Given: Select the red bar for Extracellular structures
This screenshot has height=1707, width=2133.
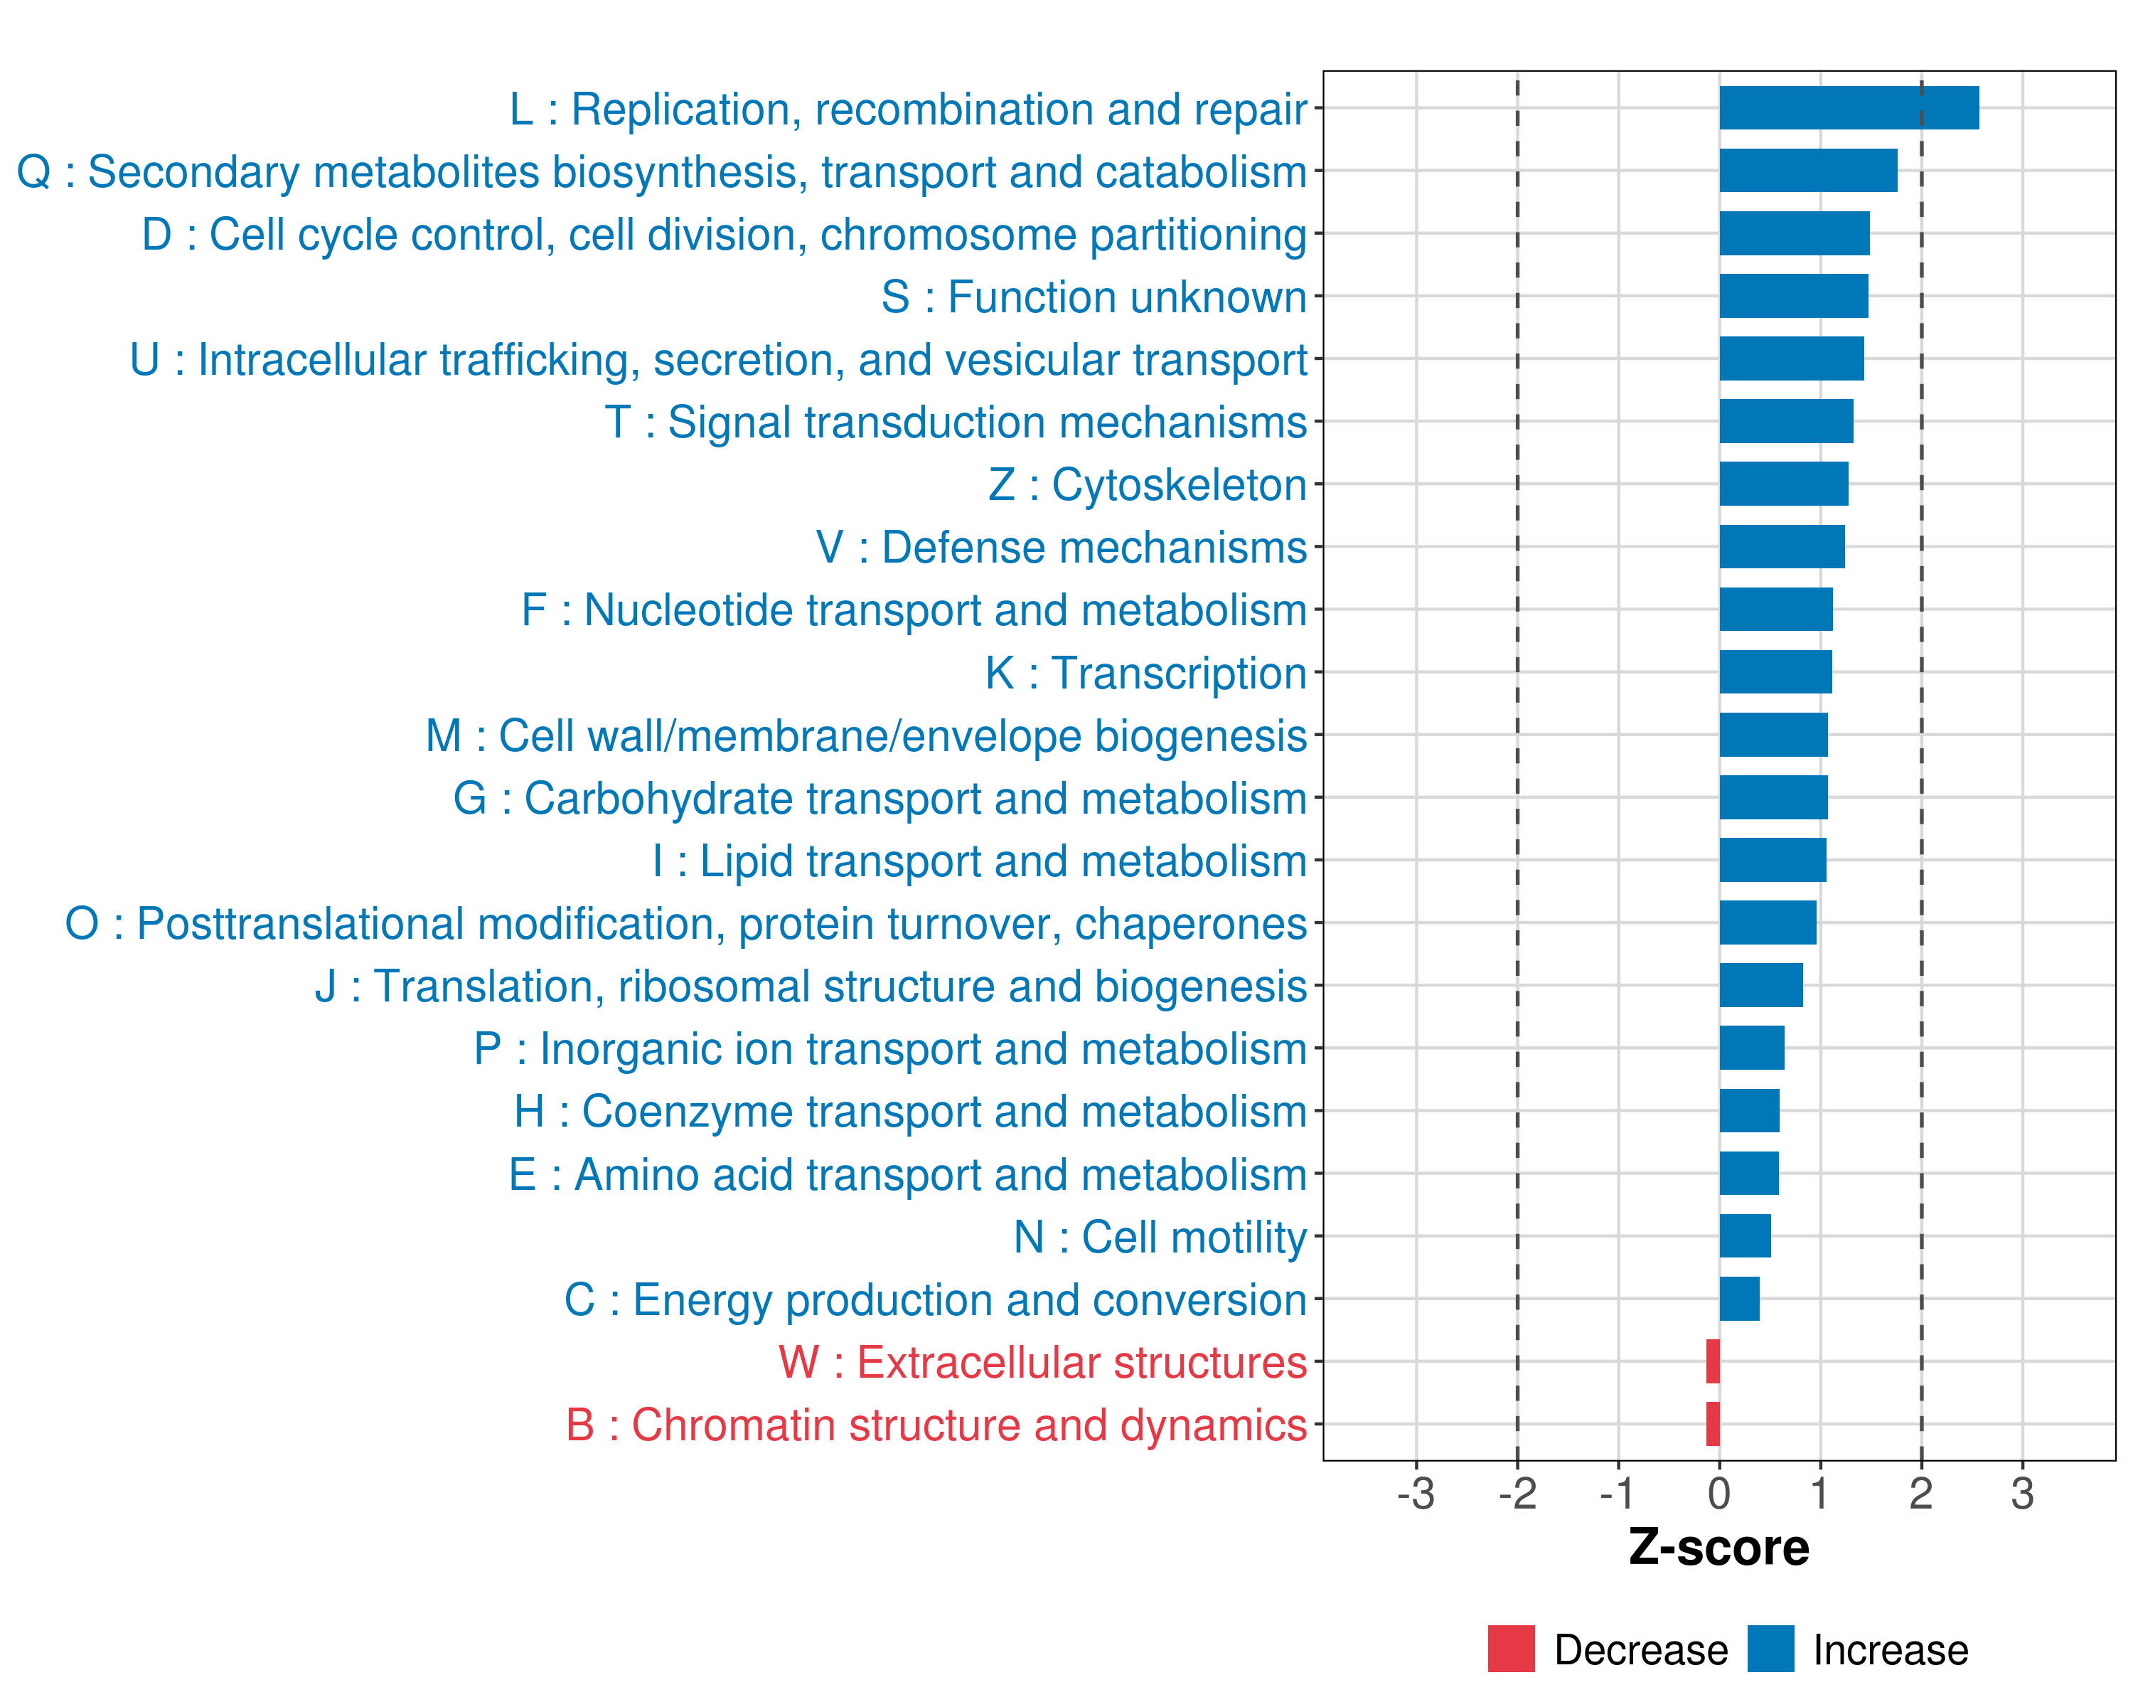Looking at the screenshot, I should coord(1713,1361).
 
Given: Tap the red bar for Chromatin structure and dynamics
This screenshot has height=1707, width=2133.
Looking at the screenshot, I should coord(1713,1423).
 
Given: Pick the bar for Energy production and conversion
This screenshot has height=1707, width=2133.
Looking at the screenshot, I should coord(1739,1298).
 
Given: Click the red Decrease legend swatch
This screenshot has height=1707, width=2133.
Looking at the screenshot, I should coord(1511,1649).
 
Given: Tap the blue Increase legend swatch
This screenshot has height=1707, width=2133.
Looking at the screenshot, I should coord(1770,1649).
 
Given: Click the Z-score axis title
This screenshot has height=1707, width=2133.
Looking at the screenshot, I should coord(1718,1548).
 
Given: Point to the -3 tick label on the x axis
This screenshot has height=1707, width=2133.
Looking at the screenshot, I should coord(1416,1493).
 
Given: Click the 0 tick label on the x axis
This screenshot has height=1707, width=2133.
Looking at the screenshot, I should coord(1719,1493).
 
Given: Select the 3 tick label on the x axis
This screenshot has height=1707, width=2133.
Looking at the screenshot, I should coord(2022,1493).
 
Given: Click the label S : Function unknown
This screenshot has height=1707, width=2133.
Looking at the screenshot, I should coord(1094,297).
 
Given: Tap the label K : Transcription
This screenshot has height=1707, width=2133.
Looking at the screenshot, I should coord(1145,673).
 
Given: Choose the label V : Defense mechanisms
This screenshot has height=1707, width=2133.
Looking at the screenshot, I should coord(1061,547).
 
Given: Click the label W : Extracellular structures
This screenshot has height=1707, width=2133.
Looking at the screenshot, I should coord(1042,1361).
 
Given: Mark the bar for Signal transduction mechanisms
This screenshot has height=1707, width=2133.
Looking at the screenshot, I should coord(1786,422).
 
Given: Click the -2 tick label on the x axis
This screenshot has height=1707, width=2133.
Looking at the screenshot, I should coord(1517,1493).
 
